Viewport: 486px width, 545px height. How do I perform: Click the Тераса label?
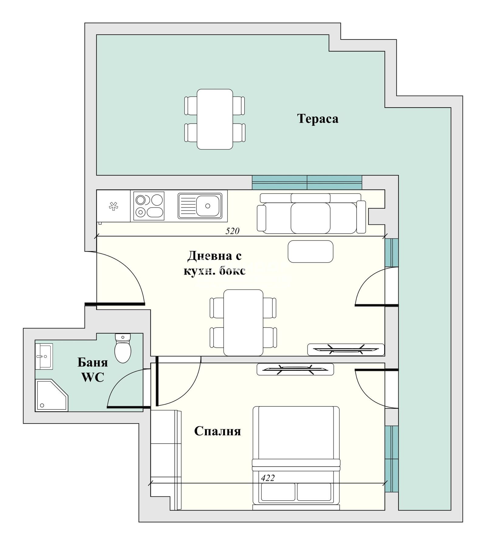click(x=317, y=118)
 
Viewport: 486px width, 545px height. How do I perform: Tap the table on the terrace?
click(x=215, y=119)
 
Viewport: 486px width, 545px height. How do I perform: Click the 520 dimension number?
click(x=232, y=231)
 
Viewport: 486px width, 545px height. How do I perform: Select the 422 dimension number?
click(x=268, y=478)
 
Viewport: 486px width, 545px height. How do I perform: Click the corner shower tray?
click(x=50, y=395)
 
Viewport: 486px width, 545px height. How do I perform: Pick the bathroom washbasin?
click(x=43, y=356)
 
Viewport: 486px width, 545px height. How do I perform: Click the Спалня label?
click(x=217, y=431)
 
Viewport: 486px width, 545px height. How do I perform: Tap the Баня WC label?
click(x=93, y=370)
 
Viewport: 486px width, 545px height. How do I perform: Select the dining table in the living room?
click(x=243, y=323)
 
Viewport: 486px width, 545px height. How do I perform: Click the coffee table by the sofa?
click(x=310, y=251)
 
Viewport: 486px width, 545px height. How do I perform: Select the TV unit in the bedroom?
click(x=295, y=369)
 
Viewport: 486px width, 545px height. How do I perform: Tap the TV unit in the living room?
click(x=346, y=349)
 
